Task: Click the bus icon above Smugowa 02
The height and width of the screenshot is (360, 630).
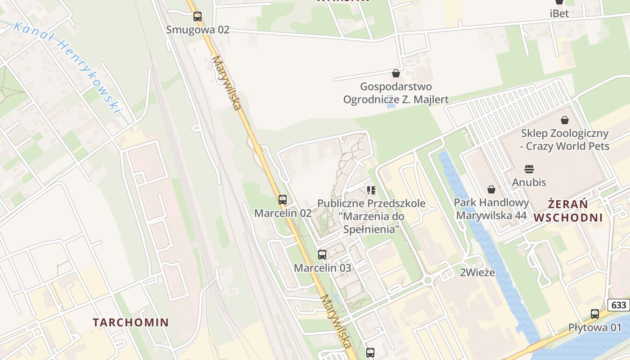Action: (x=198, y=17)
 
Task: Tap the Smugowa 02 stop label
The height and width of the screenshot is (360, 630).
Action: (x=198, y=30)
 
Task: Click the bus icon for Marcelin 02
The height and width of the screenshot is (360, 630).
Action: (x=283, y=200)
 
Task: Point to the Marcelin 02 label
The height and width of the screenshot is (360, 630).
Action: (x=283, y=213)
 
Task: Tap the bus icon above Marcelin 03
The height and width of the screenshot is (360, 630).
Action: (x=322, y=255)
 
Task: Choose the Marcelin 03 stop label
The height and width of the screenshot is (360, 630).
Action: (x=322, y=268)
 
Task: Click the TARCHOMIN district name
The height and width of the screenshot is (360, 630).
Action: (x=130, y=322)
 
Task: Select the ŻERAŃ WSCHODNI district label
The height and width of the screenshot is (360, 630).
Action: (x=568, y=211)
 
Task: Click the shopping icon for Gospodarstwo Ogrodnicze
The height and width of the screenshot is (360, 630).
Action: (x=396, y=73)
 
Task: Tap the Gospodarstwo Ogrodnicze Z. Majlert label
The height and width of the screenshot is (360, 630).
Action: (x=396, y=93)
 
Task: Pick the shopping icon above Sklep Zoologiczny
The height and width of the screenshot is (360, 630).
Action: (x=565, y=120)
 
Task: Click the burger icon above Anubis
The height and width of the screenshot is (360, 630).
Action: (x=529, y=169)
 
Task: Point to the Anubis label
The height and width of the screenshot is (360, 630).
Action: (x=529, y=182)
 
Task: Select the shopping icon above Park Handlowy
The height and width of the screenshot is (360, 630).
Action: (x=491, y=189)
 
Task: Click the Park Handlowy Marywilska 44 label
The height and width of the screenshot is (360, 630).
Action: (x=491, y=209)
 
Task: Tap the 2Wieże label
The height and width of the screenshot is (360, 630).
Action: (x=477, y=272)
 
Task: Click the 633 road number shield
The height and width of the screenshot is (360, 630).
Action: (x=619, y=305)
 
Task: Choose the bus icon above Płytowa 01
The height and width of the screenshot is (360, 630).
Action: (x=595, y=314)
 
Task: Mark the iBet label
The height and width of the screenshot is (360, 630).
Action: (x=559, y=13)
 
